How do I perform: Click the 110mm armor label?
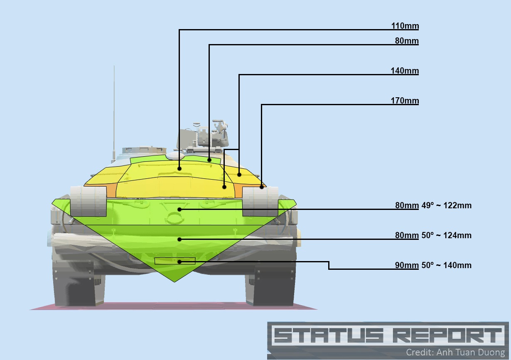pyautogui.click(x=405, y=26)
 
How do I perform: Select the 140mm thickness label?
pyautogui.click(x=405, y=71)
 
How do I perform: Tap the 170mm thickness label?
pyautogui.click(x=405, y=101)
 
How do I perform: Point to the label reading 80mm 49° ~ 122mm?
pyautogui.click(x=433, y=206)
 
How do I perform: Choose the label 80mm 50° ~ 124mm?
pyautogui.click(x=433, y=236)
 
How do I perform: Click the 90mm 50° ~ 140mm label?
pyautogui.click(x=433, y=266)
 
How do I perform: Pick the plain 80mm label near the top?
pyautogui.click(x=407, y=41)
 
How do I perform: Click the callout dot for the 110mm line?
pyautogui.click(x=179, y=168)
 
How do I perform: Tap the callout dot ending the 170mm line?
pyautogui.click(x=262, y=187)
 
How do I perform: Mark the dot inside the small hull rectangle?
pyautogui.click(x=179, y=261)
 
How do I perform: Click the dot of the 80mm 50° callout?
pyautogui.click(x=179, y=239)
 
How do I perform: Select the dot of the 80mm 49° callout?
pyautogui.click(x=179, y=209)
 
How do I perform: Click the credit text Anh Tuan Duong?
pyautogui.click(x=470, y=352)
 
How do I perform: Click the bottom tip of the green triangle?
pyautogui.click(x=175, y=281)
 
